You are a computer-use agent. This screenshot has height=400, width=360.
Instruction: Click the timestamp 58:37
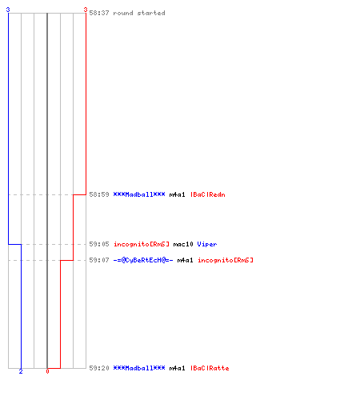pos(99,13)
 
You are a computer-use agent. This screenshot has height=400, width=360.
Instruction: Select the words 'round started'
pos(139,13)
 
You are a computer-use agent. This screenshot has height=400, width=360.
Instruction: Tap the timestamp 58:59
pos(99,194)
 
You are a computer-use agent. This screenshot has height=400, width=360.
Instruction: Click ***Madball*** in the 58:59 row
pos(139,194)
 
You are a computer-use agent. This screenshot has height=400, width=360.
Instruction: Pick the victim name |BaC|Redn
pos(208,194)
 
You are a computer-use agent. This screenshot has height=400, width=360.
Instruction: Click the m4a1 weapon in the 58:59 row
pos(177,194)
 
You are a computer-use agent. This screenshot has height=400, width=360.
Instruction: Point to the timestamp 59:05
pos(99,244)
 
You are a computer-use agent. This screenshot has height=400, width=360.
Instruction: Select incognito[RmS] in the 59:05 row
pos(142,244)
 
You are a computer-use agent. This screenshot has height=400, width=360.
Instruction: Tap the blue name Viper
pos(207,244)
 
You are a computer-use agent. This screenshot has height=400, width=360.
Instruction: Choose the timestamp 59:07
pos(99,260)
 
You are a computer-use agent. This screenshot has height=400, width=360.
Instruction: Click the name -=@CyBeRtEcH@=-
pos(143,260)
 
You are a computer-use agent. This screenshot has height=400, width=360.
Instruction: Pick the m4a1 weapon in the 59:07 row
pos(185,260)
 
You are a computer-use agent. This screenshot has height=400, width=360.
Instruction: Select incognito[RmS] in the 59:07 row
pos(226,260)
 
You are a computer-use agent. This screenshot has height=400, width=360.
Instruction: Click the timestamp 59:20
pos(99,368)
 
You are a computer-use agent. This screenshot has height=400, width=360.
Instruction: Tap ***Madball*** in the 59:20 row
pos(139,368)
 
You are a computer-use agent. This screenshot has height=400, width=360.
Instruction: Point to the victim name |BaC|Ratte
pos(210,368)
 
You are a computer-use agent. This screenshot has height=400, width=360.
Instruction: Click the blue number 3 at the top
pos(8,10)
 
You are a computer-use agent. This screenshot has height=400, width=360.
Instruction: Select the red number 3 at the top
pos(86,10)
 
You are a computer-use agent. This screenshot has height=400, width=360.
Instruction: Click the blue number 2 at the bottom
pos(21,371)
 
